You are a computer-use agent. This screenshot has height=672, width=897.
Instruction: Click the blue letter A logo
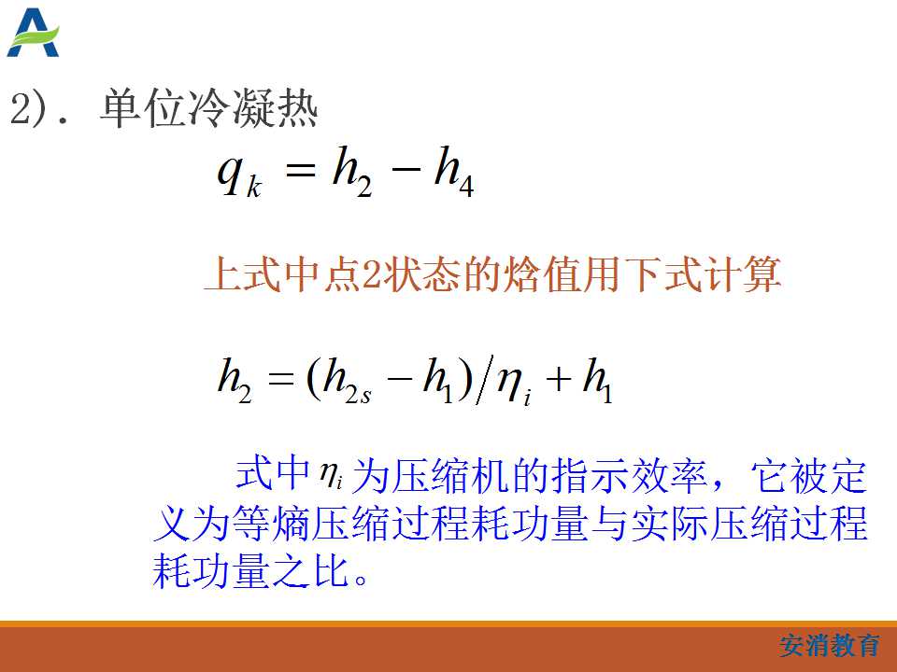(33, 33)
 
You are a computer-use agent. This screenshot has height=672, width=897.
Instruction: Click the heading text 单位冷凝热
(208, 108)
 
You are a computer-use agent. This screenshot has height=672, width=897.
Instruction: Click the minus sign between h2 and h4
(406, 168)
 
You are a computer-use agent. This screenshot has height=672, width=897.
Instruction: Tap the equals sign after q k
(300, 169)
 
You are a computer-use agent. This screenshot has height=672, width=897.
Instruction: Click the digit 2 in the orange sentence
(372, 273)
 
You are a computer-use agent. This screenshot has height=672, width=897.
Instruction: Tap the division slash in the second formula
(484, 380)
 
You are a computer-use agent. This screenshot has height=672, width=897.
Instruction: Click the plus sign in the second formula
(559, 379)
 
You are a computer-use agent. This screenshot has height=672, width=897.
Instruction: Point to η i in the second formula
(514, 383)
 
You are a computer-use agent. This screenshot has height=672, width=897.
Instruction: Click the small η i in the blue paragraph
(331, 475)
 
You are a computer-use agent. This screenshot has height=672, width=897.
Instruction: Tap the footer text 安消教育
(829, 646)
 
